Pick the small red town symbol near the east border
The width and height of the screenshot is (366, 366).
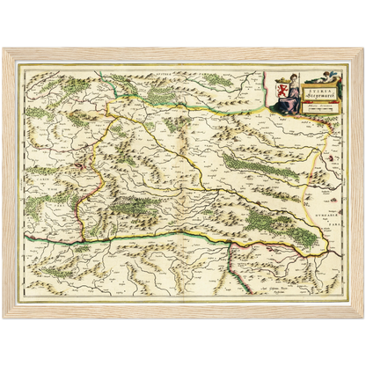328,159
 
